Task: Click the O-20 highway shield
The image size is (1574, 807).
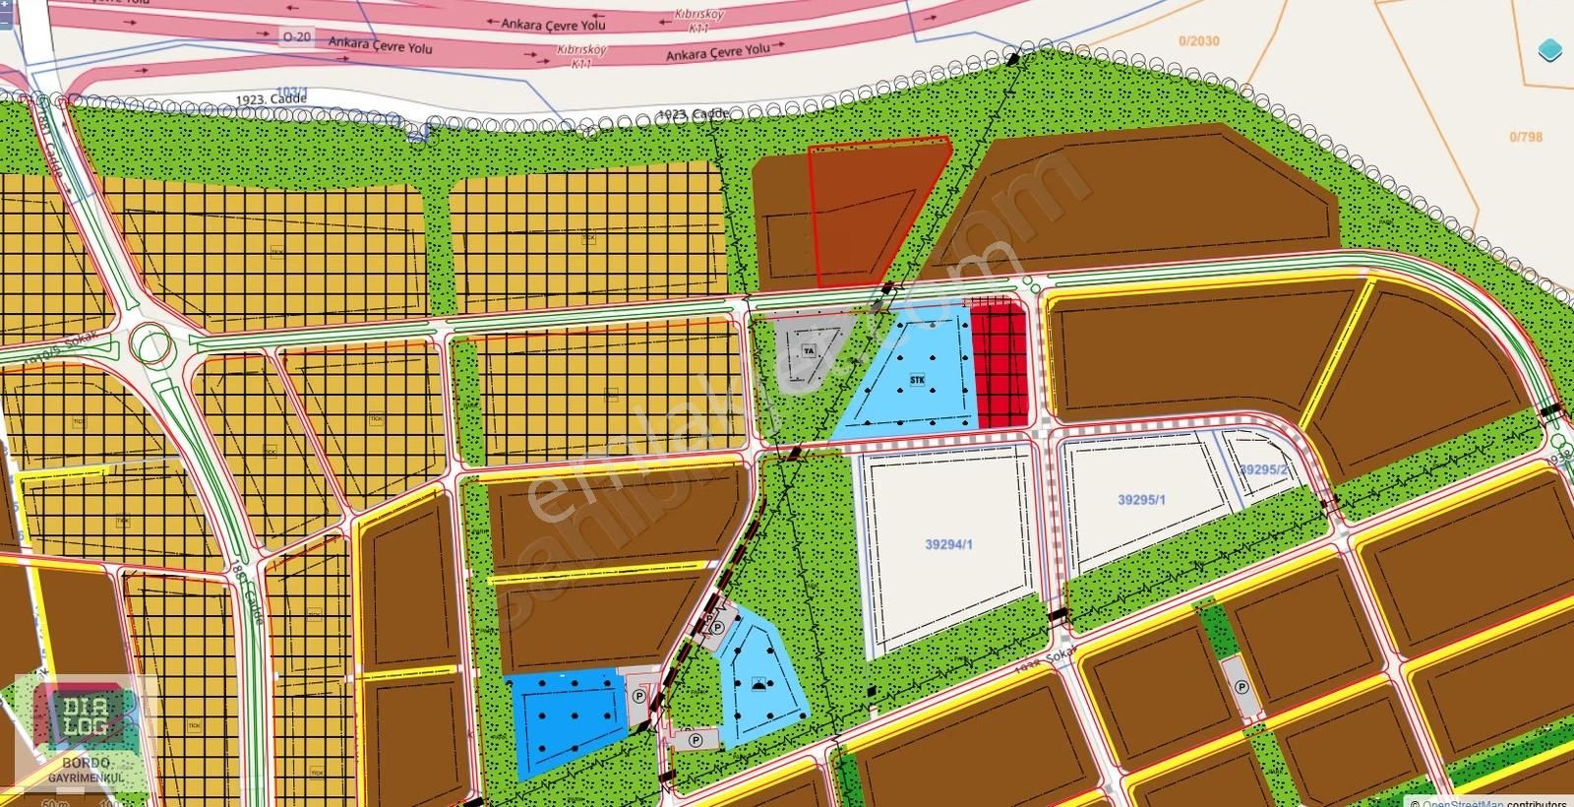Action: [296, 36]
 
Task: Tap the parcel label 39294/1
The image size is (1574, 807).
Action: [948, 543]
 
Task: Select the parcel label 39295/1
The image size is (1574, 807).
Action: [1141, 499]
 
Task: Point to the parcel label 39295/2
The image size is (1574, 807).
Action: [1263, 469]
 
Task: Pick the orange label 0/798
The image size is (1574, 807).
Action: [1526, 137]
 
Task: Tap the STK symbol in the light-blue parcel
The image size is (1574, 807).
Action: [917, 379]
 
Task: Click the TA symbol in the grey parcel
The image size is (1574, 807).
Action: [808, 350]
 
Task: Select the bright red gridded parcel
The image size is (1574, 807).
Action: [999, 364]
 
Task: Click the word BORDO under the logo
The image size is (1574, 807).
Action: [85, 763]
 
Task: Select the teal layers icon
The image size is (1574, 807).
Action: [1550, 51]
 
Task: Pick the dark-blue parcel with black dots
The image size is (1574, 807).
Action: [566, 718]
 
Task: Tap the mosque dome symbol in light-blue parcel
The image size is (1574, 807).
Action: [757, 684]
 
